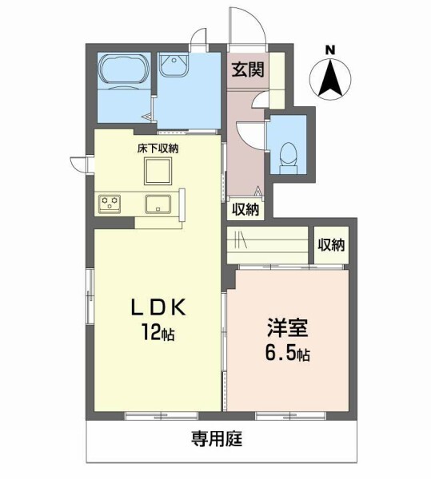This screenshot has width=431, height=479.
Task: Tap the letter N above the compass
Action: pyautogui.click(x=329, y=50)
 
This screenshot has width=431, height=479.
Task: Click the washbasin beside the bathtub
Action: pyautogui.click(x=172, y=65)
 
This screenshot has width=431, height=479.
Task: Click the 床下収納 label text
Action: pyautogui.click(x=156, y=148)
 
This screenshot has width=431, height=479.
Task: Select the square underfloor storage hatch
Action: pyautogui.click(x=156, y=170)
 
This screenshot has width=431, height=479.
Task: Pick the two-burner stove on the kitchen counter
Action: pyautogui.click(x=110, y=203)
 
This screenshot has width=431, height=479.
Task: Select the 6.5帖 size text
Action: pyautogui.click(x=289, y=354)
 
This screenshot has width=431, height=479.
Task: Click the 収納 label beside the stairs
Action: pyautogui.click(x=331, y=245)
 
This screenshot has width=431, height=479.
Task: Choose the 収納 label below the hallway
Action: pyautogui.click(x=245, y=209)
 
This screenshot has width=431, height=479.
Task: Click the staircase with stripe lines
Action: pyautogui.click(x=268, y=241)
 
